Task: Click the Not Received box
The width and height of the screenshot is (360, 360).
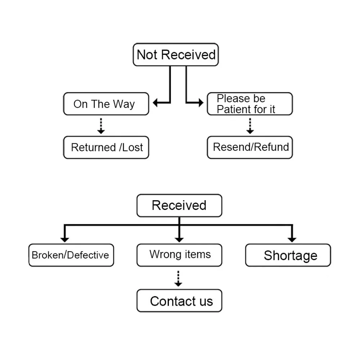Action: [176, 55]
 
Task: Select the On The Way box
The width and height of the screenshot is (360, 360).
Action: [106, 104]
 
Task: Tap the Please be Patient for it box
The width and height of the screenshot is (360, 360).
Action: [250, 104]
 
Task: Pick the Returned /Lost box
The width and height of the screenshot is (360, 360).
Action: [106, 147]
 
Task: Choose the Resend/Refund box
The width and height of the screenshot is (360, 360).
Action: [250, 147]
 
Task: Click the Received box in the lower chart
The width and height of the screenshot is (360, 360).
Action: [179, 206]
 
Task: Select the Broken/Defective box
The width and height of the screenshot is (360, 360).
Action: [71, 255]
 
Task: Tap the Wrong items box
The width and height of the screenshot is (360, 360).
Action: [179, 255]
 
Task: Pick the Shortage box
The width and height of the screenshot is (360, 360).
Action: [288, 255]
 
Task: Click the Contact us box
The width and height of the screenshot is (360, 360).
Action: [179, 301]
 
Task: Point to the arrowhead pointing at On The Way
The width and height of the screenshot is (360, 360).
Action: [155, 103]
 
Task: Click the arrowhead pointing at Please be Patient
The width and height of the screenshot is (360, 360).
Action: [201, 103]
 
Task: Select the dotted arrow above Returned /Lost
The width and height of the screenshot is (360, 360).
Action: [101, 126]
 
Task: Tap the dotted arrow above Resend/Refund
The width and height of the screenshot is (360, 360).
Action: [250, 126]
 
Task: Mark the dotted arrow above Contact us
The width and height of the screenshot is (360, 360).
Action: [178, 279]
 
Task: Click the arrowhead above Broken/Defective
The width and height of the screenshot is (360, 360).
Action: [65, 240]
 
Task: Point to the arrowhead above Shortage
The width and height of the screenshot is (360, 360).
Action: [292, 240]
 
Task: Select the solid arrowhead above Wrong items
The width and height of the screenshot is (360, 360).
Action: [179, 240]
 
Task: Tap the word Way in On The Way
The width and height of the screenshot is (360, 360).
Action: [124, 104]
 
